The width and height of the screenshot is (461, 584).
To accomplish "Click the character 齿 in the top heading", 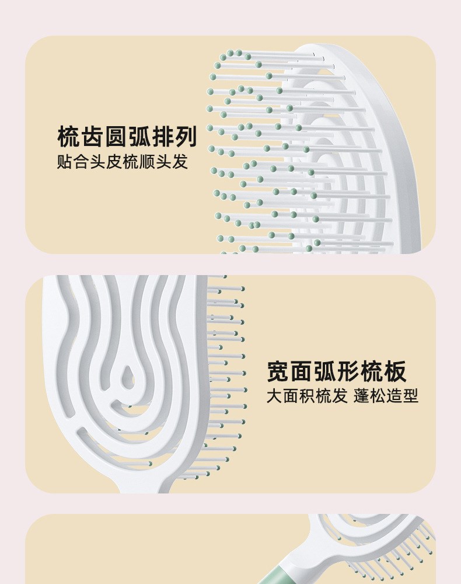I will (92, 137).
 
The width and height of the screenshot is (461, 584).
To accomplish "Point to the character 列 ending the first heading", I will (186, 137).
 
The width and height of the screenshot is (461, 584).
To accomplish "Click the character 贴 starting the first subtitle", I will (64, 162).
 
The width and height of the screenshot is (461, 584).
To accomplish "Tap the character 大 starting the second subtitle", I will (275, 397).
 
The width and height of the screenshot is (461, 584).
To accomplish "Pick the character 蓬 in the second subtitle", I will (362, 397).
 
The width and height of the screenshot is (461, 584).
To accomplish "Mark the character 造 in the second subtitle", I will (395, 397).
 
